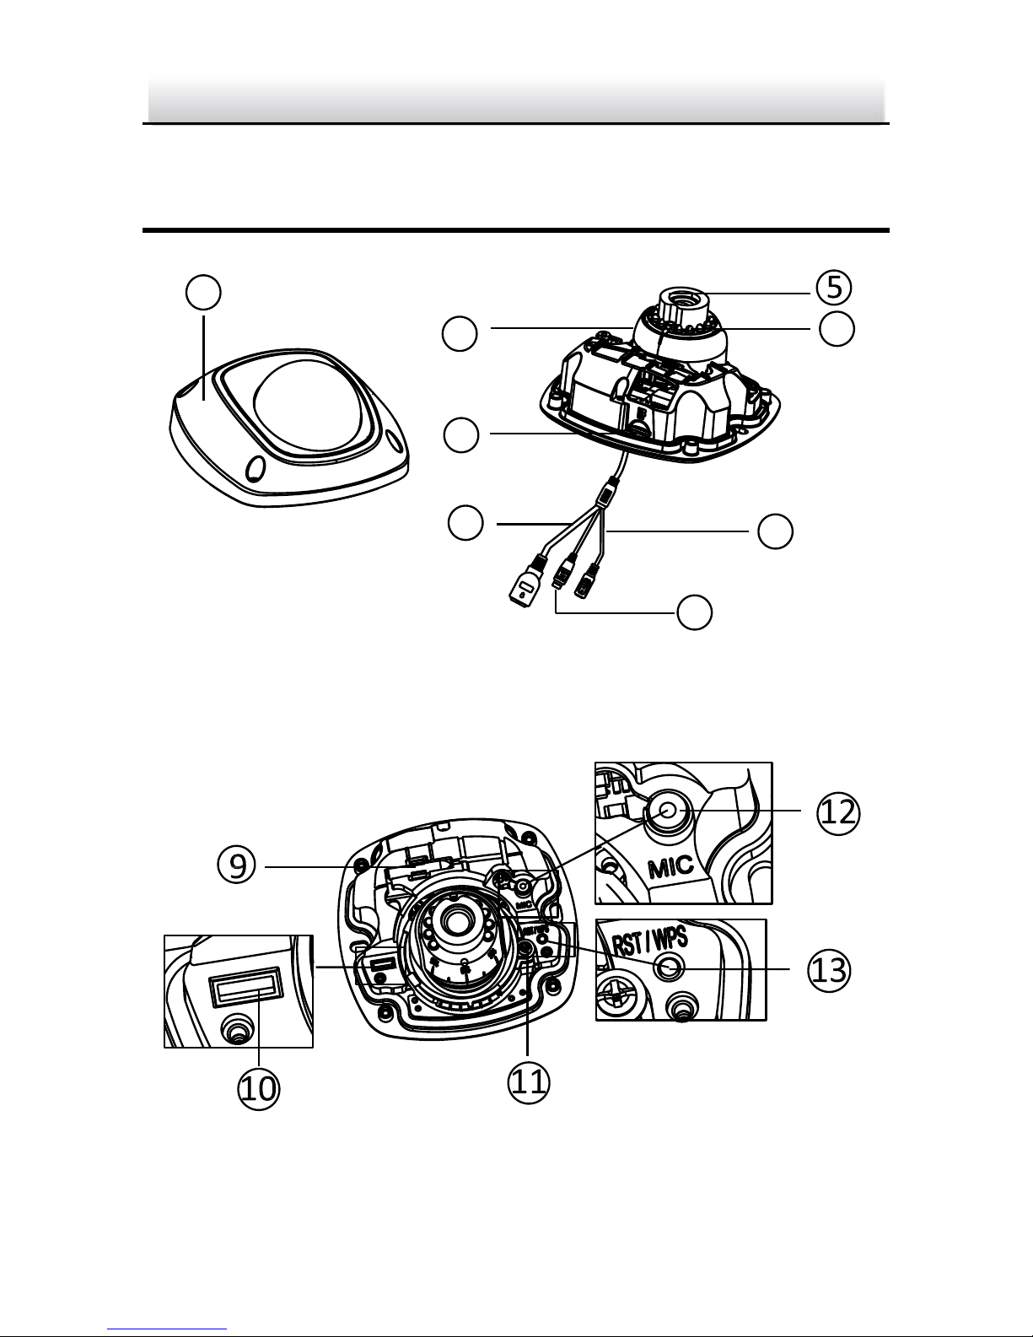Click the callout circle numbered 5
(x=834, y=288)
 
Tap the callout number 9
(x=237, y=866)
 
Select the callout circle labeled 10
(x=258, y=1088)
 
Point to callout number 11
(x=529, y=1082)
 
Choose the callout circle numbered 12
(x=839, y=811)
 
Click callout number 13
(x=828, y=970)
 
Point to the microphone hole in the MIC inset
(x=668, y=811)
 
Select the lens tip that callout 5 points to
(x=681, y=297)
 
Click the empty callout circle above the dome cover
(x=203, y=293)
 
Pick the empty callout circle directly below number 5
(x=837, y=330)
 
